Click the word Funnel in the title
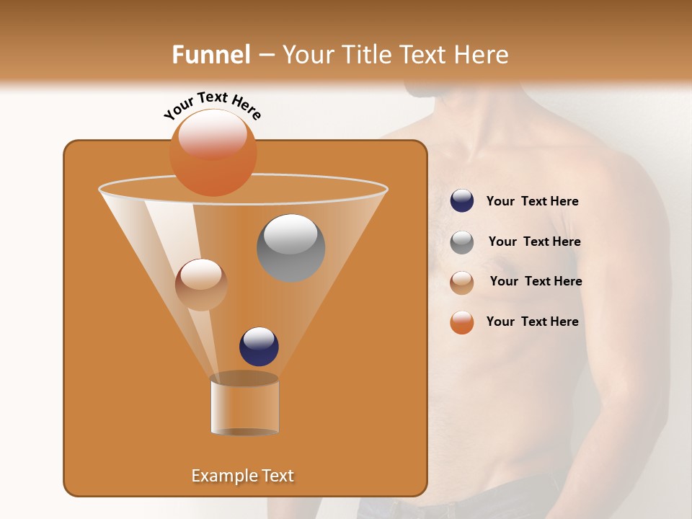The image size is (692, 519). [211, 55]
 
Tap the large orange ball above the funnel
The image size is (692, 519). [213, 152]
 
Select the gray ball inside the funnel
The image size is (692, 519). [290, 247]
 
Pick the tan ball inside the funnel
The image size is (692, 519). [201, 284]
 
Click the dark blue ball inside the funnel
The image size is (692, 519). [259, 346]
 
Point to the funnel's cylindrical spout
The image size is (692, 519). [244, 405]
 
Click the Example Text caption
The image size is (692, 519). [243, 476]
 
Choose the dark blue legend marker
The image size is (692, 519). [462, 201]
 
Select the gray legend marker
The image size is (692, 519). [462, 241]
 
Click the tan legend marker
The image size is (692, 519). [462, 282]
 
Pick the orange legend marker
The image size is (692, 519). [462, 322]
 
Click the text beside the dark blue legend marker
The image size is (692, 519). [532, 201]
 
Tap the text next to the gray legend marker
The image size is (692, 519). [534, 241]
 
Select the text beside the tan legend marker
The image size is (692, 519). [536, 281]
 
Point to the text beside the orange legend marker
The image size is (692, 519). [532, 321]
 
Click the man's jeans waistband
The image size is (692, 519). [461, 497]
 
